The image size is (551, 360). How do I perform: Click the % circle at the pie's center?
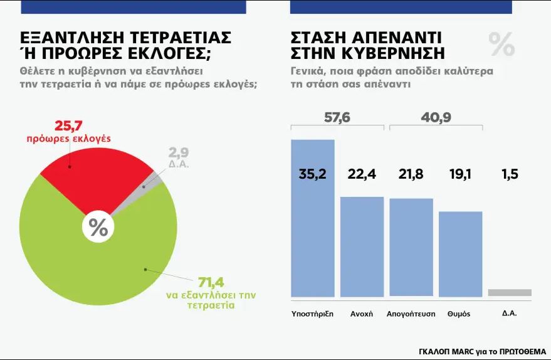coord(98,227)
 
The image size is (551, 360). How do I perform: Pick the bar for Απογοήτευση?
coord(411,247)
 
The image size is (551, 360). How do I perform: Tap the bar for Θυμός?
coord(460,254)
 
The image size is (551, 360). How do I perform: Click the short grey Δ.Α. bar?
coord(509,292)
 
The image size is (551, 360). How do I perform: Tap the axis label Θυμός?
coord(459,314)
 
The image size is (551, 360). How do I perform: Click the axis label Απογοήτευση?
coord(411,314)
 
